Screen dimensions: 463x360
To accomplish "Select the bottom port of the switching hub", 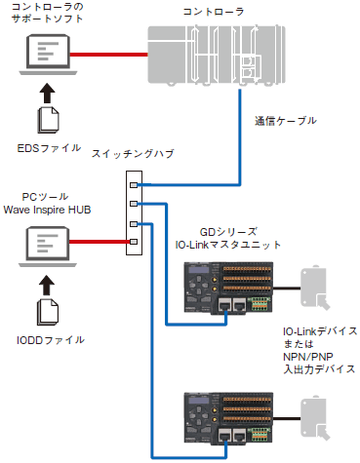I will [136, 240].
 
